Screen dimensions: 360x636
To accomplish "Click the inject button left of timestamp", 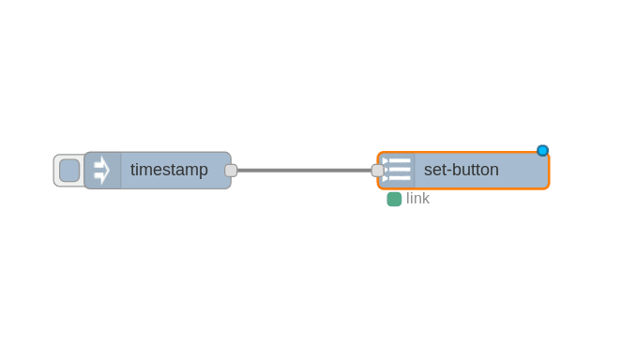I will tap(69, 171).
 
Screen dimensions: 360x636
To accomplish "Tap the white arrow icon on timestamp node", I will tap(101, 171).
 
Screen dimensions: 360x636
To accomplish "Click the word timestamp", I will tap(169, 171).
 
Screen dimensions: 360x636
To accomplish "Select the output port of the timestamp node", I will tap(231, 171).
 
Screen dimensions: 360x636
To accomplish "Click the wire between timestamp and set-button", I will tap(305, 171).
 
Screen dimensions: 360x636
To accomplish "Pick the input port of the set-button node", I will tap(377, 171).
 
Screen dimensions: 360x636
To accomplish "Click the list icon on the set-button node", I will tap(398, 171).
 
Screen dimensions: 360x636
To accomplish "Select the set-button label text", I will tap(461, 171).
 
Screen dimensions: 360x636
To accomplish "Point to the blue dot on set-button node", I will tap(542, 151).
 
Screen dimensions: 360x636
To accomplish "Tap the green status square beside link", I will tap(394, 199).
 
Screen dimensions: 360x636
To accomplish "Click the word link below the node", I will tap(417, 199).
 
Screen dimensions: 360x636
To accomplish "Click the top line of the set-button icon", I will tap(399, 161).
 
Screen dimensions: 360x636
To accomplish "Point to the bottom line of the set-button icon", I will tap(399, 178).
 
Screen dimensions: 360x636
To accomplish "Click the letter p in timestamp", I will tap(203, 172).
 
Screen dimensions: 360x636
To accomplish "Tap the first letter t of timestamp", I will tap(133, 171).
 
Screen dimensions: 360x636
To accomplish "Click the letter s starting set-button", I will tap(428, 171).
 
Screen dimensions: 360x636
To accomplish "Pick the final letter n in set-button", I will tap(493, 171).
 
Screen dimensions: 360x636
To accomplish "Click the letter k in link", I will tap(426, 199).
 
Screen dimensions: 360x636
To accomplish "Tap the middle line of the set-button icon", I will tap(399, 170).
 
